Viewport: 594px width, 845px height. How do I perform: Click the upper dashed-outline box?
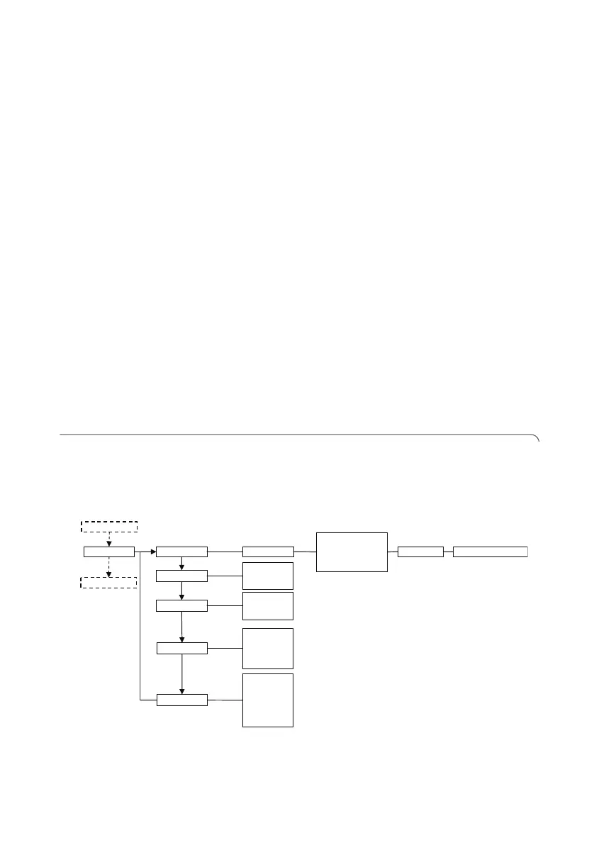(108, 526)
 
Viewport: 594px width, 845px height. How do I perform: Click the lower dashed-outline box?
(108, 582)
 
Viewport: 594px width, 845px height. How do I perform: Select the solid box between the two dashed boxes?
(108, 552)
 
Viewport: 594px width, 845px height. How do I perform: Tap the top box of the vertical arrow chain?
(181, 552)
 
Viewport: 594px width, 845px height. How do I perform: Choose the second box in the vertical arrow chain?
(181, 576)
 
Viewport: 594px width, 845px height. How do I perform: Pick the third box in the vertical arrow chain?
(181, 605)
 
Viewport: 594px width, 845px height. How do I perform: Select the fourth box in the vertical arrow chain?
(181, 648)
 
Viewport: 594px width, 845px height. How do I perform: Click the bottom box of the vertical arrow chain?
(181, 700)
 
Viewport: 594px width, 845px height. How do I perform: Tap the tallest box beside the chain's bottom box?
(268, 700)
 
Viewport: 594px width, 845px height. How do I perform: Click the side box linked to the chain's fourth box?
(268, 648)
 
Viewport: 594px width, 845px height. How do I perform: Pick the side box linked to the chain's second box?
(268, 576)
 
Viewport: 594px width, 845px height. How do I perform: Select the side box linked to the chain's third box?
(268, 605)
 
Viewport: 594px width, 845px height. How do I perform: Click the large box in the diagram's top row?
(352, 552)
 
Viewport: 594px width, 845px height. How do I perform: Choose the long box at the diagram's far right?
(490, 552)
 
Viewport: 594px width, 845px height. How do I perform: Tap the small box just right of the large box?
(420, 552)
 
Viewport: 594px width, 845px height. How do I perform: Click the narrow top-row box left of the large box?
(268, 552)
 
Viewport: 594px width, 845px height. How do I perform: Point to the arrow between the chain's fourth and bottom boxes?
(182, 674)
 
